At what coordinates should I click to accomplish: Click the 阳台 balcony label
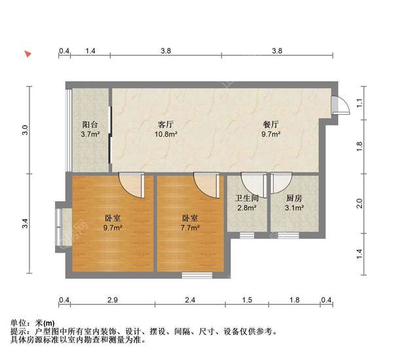tap(90, 124)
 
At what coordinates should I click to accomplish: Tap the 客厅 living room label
tap(166, 124)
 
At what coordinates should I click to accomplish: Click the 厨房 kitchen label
tap(294, 198)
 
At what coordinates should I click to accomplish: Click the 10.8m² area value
tap(166, 134)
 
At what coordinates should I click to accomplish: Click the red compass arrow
tap(28, 53)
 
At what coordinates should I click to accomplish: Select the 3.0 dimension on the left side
tap(26, 129)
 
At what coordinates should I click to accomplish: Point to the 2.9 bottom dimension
tap(113, 300)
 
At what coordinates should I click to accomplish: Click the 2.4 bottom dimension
tap(190, 300)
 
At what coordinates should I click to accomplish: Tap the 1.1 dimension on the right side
tap(358, 103)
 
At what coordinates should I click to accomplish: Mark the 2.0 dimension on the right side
tap(358, 203)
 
